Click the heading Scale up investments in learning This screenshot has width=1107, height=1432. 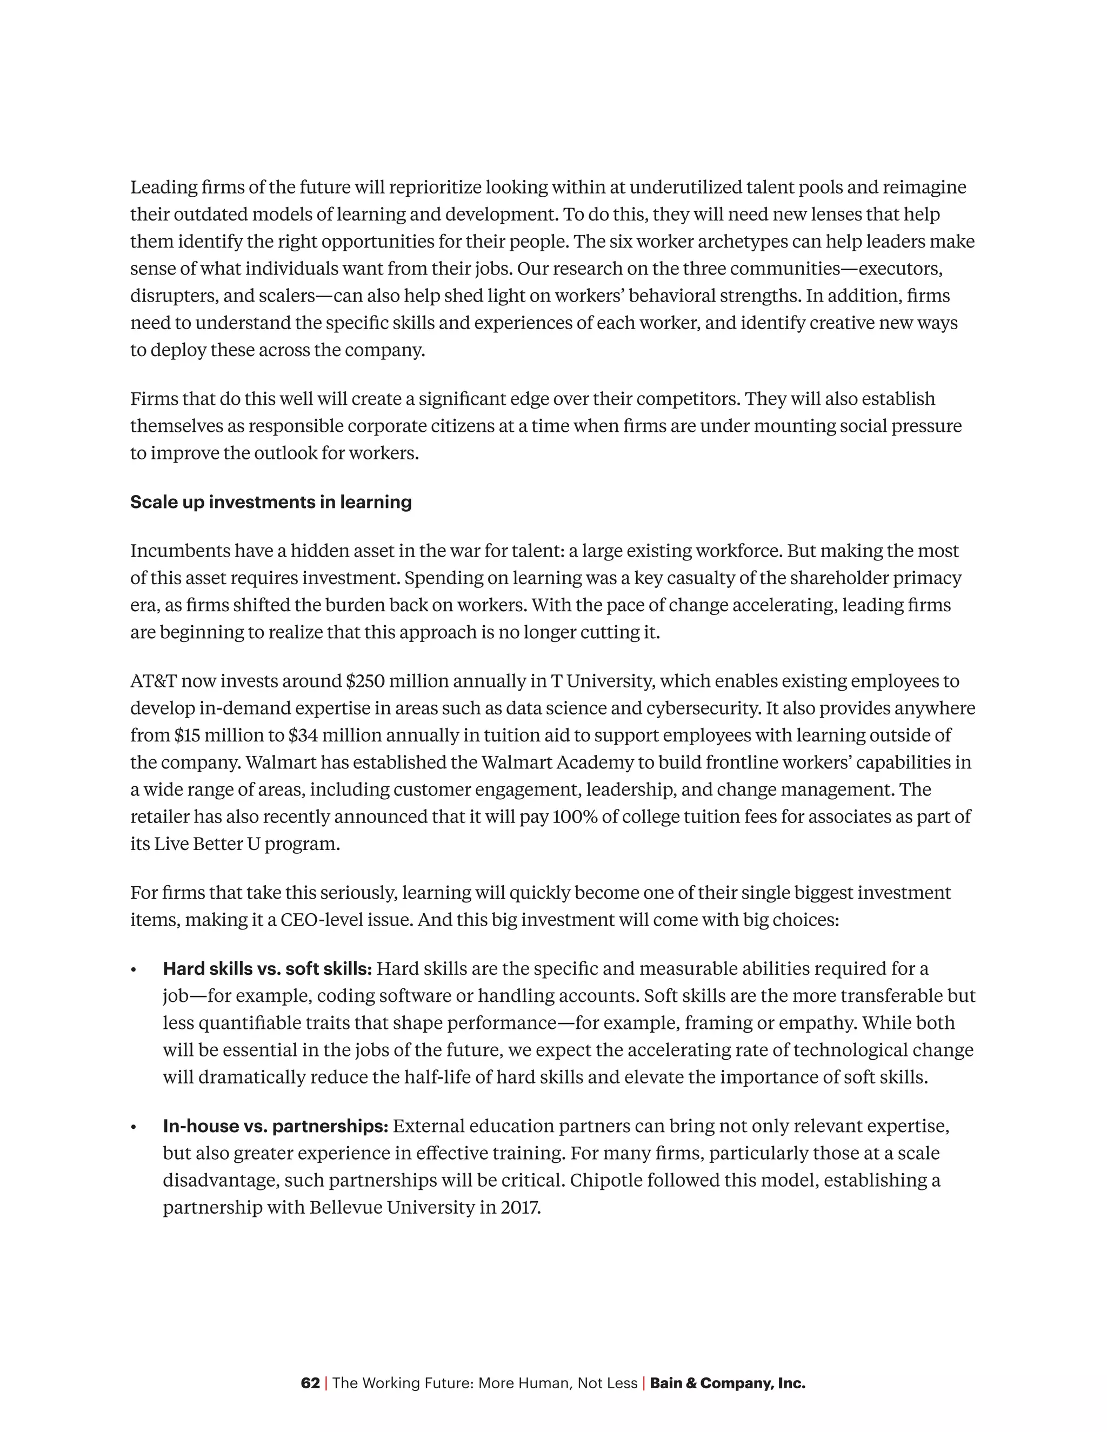pyautogui.click(x=271, y=502)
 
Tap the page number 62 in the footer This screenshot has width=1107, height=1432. pyautogui.click(x=310, y=1383)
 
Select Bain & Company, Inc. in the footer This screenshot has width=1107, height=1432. pyautogui.click(x=728, y=1383)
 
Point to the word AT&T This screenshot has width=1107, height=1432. pyautogui.click(x=154, y=681)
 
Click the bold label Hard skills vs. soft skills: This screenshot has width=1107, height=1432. pyautogui.click(x=268, y=968)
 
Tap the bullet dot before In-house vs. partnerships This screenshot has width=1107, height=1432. pyautogui.click(x=134, y=1127)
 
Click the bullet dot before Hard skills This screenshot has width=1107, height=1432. pyautogui.click(x=134, y=970)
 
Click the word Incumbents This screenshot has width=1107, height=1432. pyautogui.click(x=179, y=551)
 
